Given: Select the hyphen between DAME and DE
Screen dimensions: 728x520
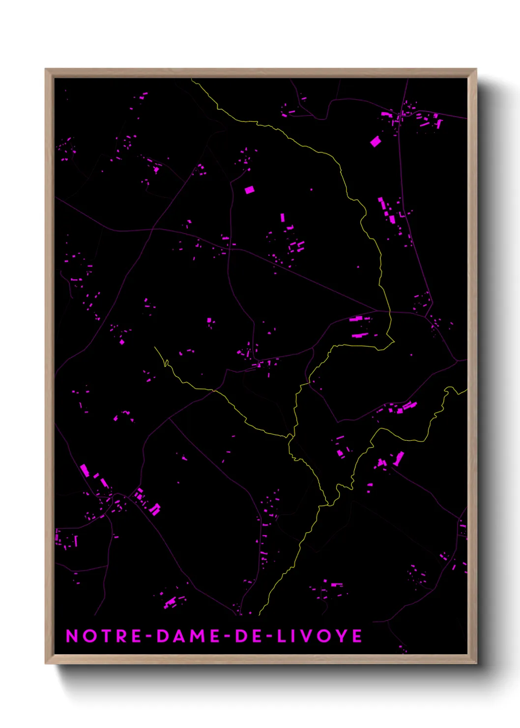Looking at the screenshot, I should [228, 636].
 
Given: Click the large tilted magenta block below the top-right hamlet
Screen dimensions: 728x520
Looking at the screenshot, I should [376, 142].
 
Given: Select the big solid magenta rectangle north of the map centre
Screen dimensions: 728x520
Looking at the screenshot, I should [250, 189].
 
